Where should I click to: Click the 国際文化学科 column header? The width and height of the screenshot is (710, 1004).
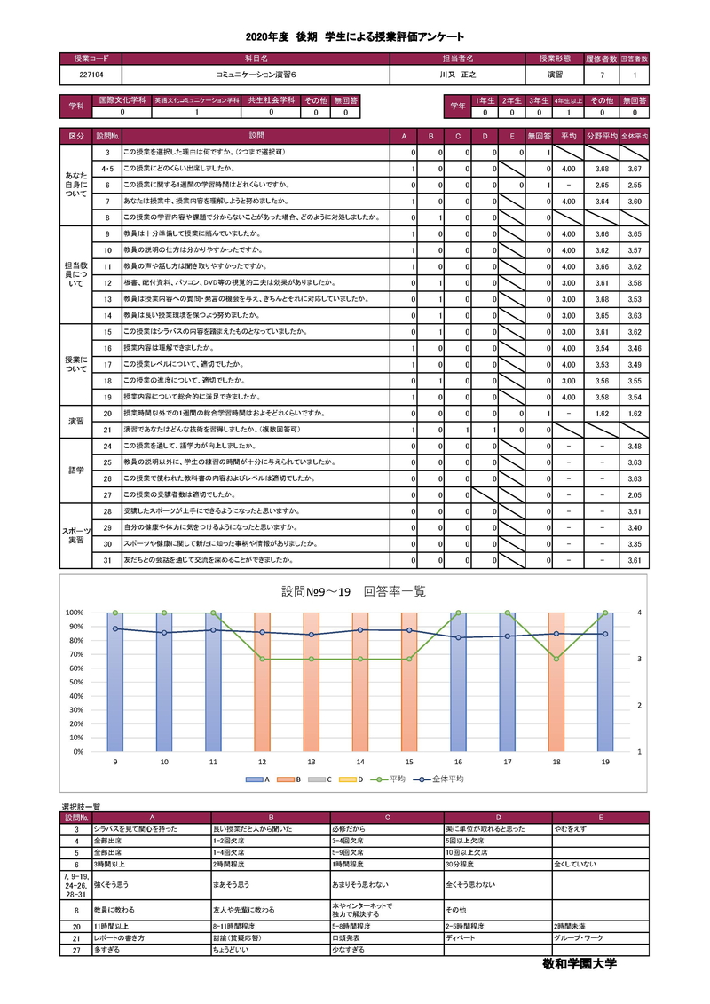[x=122, y=101]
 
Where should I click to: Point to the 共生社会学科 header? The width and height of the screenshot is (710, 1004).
[x=271, y=101]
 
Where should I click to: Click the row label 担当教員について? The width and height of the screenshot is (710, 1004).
[x=76, y=274]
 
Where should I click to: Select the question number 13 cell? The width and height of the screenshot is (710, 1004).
[x=106, y=299]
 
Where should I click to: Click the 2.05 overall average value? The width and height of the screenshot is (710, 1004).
[x=634, y=494]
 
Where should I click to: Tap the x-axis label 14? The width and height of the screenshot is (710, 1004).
[x=360, y=763]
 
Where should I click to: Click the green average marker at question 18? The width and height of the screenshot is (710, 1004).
[x=556, y=659]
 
